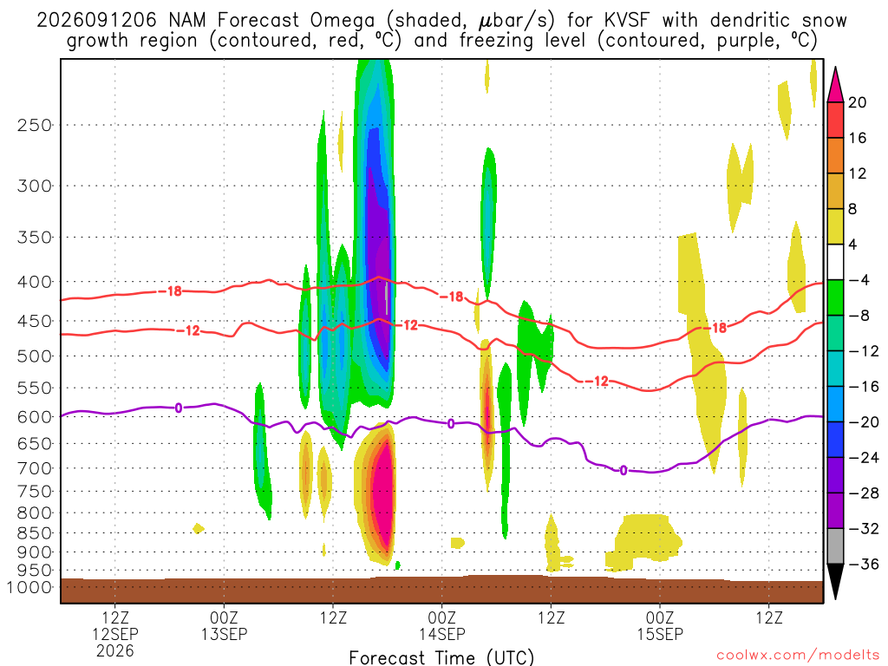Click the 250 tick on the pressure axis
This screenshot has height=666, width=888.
(x=35, y=125)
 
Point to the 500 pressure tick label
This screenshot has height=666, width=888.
(x=35, y=356)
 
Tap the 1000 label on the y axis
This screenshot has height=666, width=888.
(x=29, y=587)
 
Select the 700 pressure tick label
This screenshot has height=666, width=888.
(x=35, y=468)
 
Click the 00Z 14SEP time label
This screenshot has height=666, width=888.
(x=441, y=625)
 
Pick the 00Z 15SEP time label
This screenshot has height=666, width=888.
(x=660, y=625)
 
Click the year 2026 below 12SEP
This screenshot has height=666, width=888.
(x=115, y=650)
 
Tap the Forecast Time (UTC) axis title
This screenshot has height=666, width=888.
(x=441, y=657)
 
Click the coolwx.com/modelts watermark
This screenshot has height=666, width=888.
(x=798, y=656)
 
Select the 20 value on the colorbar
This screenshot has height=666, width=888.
(x=858, y=102)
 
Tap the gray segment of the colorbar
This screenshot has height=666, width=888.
(x=835, y=546)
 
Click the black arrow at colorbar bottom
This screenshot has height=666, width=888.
(x=835, y=580)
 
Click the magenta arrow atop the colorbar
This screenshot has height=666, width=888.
(x=835, y=86)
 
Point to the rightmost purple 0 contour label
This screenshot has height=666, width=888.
(x=624, y=470)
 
